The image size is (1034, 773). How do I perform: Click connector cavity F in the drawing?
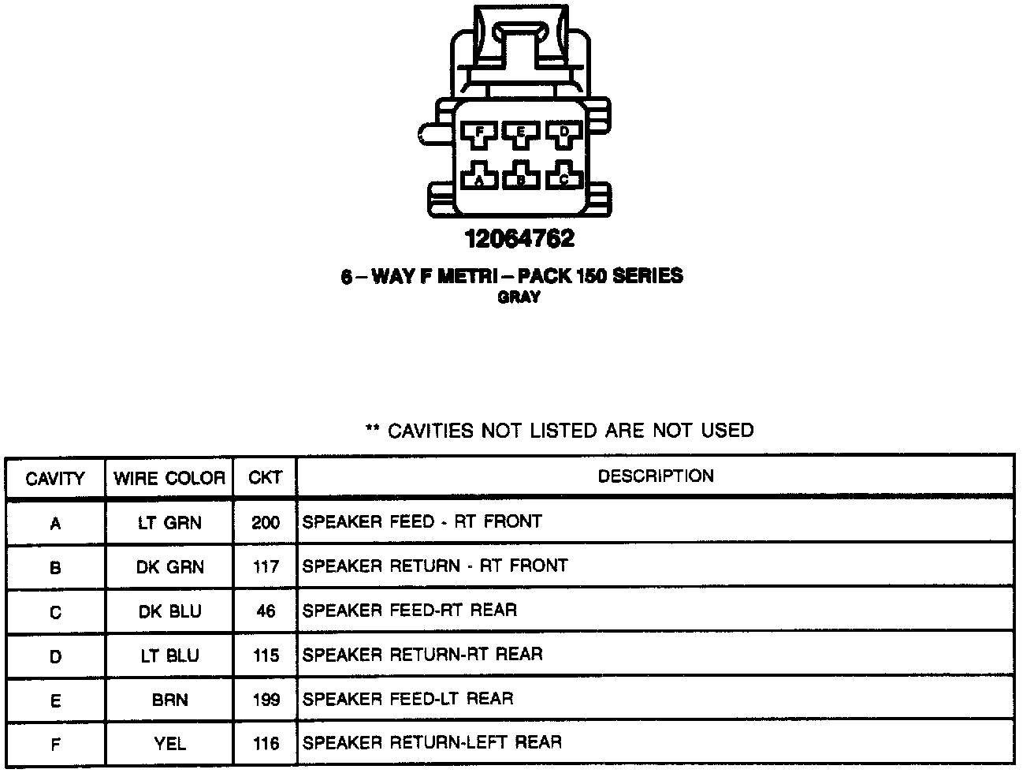478,135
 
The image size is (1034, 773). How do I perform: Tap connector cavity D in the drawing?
563,135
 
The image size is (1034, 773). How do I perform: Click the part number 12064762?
519,238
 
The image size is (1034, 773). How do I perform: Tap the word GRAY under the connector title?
519,297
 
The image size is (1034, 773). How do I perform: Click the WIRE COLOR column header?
169,478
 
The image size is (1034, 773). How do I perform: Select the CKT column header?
265,478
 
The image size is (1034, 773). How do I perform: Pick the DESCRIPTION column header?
656,476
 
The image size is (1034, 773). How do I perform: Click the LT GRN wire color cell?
169,522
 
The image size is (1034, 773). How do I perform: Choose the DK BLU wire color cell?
169,611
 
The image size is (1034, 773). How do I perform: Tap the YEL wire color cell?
169,743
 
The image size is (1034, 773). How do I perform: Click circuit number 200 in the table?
266,522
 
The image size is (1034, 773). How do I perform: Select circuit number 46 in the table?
266,611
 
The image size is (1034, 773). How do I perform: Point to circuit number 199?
266,700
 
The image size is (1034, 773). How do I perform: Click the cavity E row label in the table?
55,700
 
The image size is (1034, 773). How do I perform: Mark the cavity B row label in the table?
55,567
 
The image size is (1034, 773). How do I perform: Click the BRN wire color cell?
169,700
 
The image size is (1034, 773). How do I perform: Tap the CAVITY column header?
55,478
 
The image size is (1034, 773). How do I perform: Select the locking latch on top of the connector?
519,39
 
